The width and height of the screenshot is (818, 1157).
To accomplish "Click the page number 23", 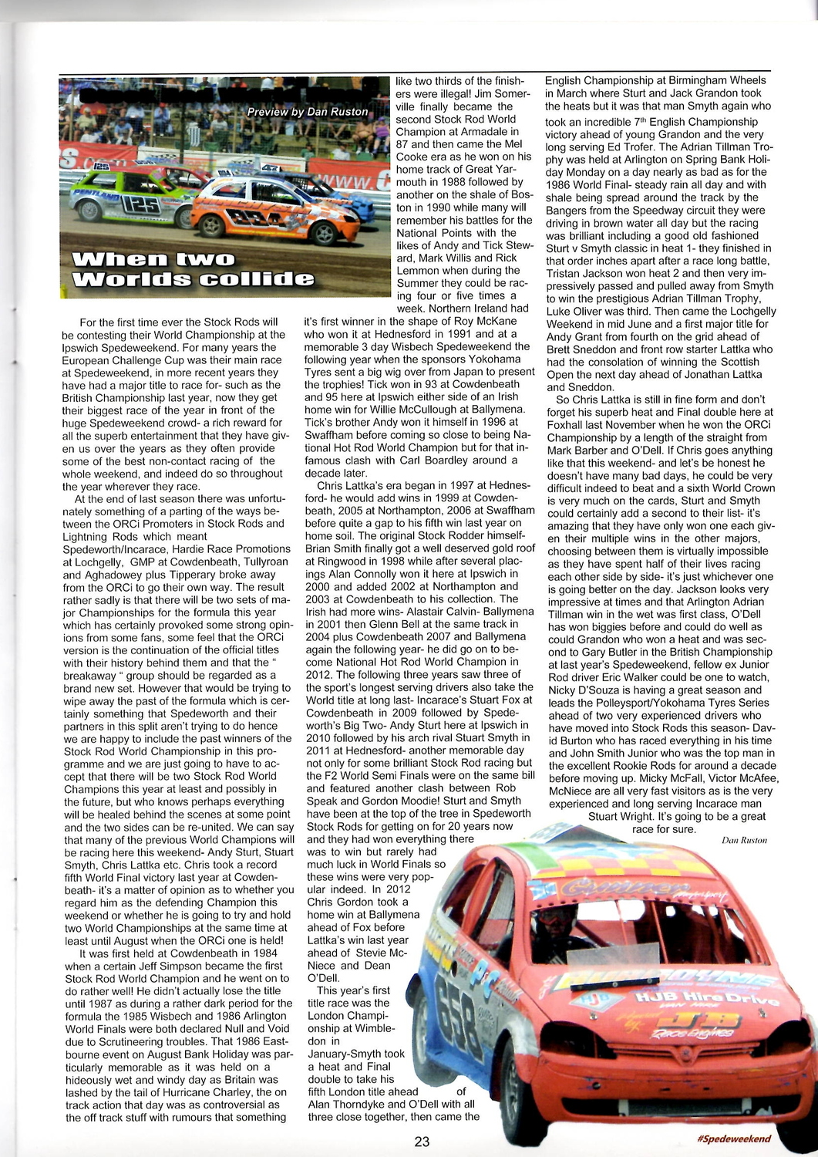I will pyautogui.click(x=422, y=1142).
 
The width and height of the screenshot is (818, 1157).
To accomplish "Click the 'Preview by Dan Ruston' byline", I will pyautogui.click(x=307, y=113).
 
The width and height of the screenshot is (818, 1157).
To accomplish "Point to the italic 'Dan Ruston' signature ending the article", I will pyautogui.click(x=744, y=840).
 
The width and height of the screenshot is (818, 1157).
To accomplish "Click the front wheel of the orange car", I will pyautogui.click(x=324, y=232).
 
